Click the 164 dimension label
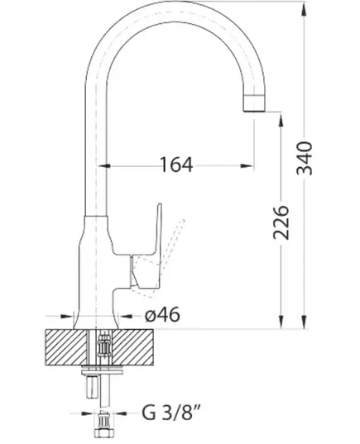[176, 165]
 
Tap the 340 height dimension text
[305, 158]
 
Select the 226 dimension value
[281, 222]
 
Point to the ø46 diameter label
[162, 314]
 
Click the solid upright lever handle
[147, 249]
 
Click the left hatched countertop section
[65, 347]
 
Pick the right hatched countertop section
[133, 347]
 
